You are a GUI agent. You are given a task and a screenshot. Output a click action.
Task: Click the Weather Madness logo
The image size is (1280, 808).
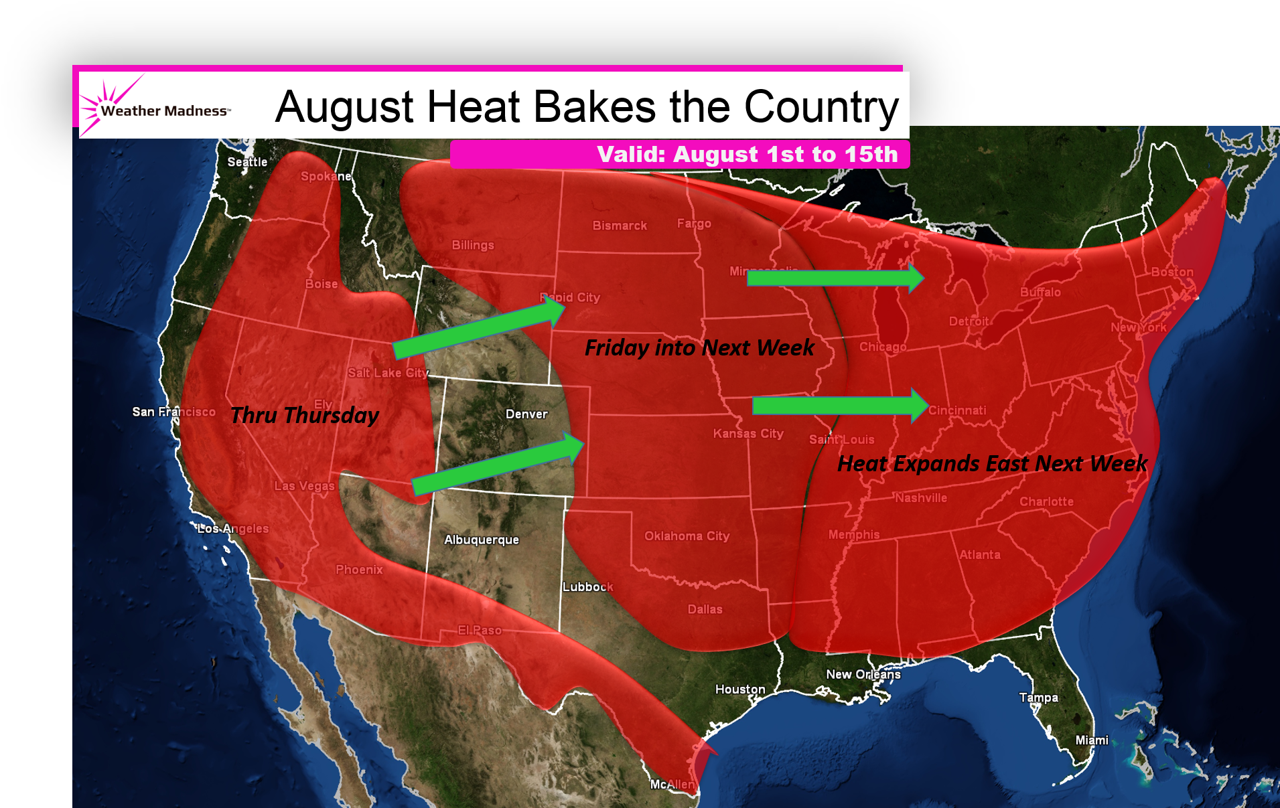157,108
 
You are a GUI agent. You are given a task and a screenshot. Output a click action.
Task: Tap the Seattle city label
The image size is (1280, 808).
247,162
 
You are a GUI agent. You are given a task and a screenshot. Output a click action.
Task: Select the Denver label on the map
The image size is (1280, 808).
526,414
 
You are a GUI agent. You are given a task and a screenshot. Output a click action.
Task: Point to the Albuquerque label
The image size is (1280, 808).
482,540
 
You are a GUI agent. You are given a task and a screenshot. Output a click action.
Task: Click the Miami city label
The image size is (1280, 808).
1092,740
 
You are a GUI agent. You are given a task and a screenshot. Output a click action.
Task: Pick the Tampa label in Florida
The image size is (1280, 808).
1039,698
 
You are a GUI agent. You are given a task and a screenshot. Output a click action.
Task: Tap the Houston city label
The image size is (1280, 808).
740,689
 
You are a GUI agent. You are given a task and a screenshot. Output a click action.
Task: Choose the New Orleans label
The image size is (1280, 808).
863,674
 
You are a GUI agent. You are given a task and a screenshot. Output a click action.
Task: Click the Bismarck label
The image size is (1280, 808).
620,226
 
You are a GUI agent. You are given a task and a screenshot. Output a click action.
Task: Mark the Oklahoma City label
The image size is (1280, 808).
687,536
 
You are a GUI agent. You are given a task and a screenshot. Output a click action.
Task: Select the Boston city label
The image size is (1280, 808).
1172,272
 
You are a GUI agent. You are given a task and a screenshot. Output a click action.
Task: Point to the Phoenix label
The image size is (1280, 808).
359,570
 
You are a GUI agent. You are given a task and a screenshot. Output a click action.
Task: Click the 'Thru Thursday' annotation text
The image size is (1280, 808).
305,416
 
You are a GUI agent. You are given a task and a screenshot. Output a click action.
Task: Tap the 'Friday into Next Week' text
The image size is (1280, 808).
699,348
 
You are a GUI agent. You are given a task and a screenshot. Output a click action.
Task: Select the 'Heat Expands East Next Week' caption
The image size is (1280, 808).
992,463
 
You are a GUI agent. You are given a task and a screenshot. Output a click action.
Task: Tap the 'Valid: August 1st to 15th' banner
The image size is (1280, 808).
747,155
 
